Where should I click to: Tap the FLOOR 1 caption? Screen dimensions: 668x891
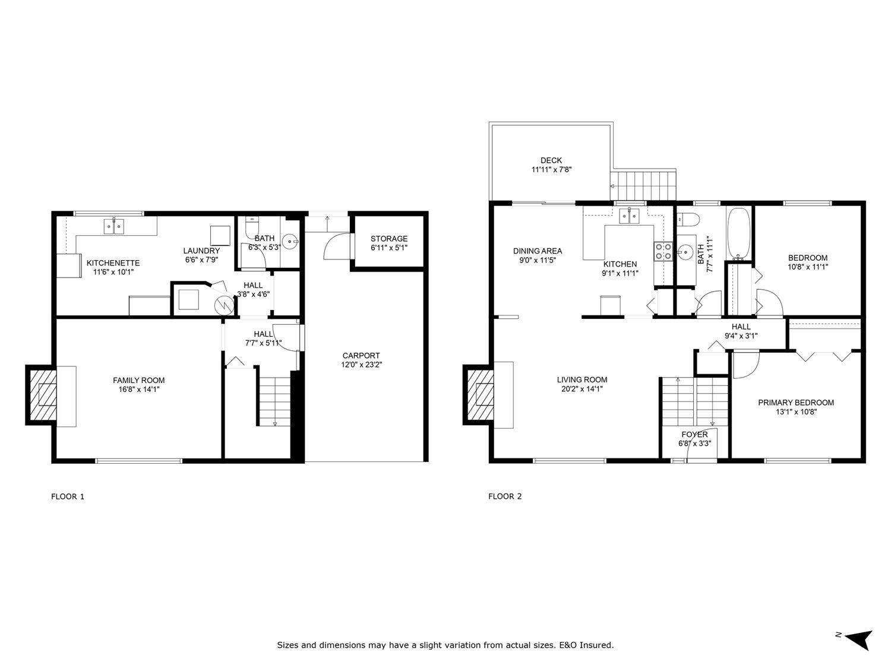68,496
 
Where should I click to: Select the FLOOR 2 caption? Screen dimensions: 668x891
505,496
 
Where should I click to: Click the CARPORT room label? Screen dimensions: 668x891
361,356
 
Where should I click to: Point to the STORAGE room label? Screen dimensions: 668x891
389,239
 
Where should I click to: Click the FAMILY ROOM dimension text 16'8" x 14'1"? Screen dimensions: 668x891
139,390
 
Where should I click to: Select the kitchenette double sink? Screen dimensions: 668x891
114,226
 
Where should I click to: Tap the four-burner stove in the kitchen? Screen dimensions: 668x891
663,252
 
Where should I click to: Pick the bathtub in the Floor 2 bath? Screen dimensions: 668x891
739,234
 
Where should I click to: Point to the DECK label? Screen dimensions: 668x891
551,160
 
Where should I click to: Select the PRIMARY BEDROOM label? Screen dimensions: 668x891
795,403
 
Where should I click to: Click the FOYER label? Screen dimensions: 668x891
694,435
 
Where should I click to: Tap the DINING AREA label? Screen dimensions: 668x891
537,251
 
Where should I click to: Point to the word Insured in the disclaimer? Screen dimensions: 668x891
598,645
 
